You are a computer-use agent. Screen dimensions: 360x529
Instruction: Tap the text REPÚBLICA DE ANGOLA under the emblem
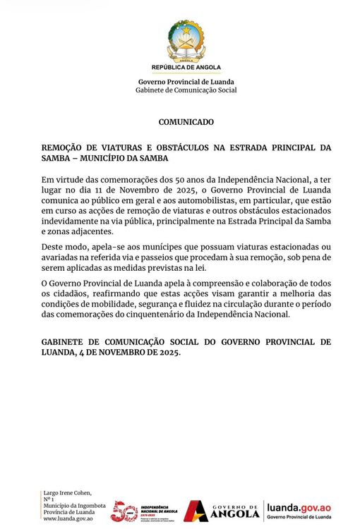(x=186, y=68)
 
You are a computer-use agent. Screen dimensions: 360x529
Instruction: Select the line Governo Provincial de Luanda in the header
(x=186, y=82)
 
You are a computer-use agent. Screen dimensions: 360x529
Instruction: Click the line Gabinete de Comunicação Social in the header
(x=186, y=90)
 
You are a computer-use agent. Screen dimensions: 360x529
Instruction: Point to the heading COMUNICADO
(x=186, y=122)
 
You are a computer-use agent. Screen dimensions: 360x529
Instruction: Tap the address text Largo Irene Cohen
(x=67, y=492)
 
